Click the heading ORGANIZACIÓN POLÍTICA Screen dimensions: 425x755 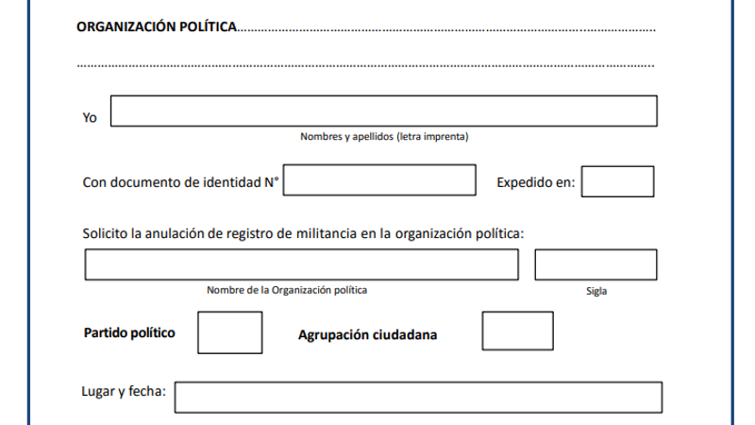tap(156, 27)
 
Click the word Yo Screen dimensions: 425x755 tap(90, 118)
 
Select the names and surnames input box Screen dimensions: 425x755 tap(384, 111)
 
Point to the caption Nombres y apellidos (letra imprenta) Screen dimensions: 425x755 tap(384, 137)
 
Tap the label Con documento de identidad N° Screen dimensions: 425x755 tap(181, 182)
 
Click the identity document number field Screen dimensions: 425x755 tap(379, 180)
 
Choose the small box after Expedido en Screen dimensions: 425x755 tap(618, 181)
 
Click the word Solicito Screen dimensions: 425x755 tap(106, 233)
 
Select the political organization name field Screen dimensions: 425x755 tap(302, 265)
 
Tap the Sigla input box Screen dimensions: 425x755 tap(596, 265)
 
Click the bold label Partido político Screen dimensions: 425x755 tap(129, 333)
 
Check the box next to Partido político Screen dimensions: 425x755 tap(230, 332)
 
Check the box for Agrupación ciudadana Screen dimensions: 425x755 tap(517, 331)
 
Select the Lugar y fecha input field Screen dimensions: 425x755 tap(418, 398)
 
